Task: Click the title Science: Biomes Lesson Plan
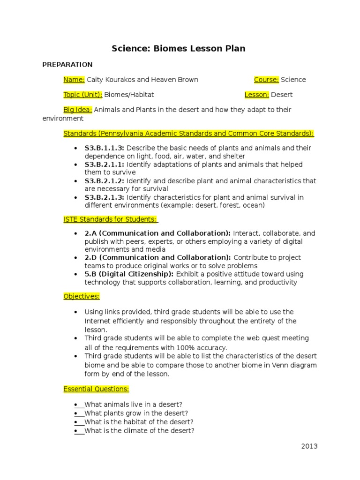click(x=178, y=48)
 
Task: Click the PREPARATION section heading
click(x=67, y=65)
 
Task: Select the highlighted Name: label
click(x=74, y=80)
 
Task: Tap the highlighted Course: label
click(x=266, y=80)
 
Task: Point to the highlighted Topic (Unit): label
click(x=82, y=95)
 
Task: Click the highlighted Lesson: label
click(x=256, y=95)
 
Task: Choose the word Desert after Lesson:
click(x=282, y=95)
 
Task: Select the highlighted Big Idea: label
click(x=78, y=110)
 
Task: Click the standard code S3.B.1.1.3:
click(x=104, y=148)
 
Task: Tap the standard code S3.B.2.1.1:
click(x=104, y=165)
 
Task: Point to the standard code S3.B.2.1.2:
click(x=104, y=181)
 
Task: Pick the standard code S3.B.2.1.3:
click(x=104, y=197)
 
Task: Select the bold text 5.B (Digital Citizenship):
click(x=129, y=274)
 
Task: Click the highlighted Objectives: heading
click(x=82, y=296)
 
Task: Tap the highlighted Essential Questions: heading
click(x=96, y=389)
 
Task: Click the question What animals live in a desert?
click(x=133, y=405)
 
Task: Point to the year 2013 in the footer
click(x=309, y=446)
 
